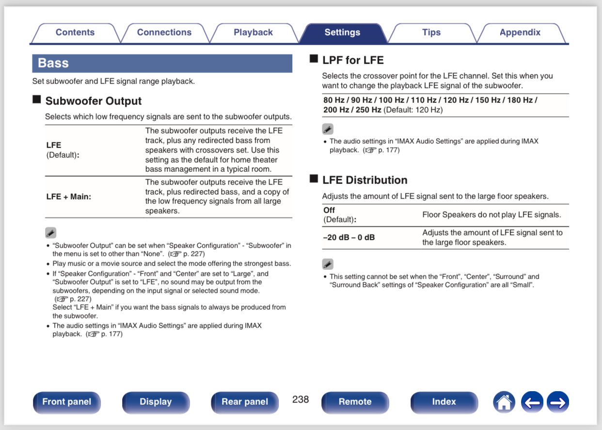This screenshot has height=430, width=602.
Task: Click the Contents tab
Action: tap(75, 33)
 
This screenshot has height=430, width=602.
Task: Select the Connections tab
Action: tap(164, 33)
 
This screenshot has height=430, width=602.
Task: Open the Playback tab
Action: tap(253, 33)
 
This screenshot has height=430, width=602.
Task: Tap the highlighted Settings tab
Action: tap(342, 33)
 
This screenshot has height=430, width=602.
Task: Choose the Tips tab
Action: tap(431, 33)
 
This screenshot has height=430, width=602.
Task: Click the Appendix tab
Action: tap(520, 33)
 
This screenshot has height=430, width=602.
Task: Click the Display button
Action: tap(156, 402)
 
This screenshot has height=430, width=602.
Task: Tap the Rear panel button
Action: tap(245, 402)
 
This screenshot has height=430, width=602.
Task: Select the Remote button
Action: tap(355, 402)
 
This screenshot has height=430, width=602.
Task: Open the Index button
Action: tap(444, 402)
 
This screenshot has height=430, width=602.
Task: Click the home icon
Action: tap(504, 402)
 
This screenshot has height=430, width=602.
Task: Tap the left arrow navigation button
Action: tap(532, 402)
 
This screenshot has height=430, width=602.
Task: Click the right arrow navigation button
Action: tap(558, 402)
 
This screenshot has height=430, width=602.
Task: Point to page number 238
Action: tap(301, 399)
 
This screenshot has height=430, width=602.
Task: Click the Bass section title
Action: tap(53, 63)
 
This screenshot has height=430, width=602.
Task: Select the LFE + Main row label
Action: tap(68, 197)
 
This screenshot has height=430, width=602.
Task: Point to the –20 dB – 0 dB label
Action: tap(349, 237)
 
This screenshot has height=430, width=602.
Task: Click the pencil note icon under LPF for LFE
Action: tap(328, 129)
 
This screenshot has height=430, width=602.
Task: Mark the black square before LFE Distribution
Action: tap(314, 179)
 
